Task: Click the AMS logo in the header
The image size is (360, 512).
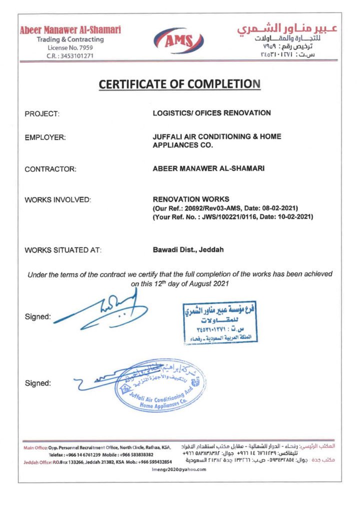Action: tap(180, 39)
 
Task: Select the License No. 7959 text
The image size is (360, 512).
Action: tap(70, 47)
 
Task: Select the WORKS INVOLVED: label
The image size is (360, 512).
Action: tap(57, 200)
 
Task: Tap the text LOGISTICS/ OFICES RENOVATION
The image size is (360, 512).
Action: tap(211, 113)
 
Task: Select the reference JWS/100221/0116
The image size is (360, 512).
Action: tap(235, 216)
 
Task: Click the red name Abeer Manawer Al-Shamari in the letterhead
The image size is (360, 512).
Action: tap(70, 30)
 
